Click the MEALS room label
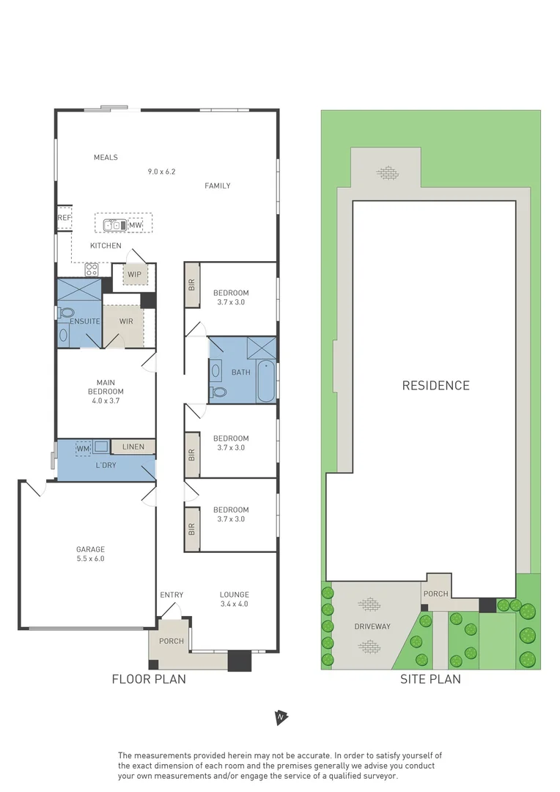(x=106, y=158)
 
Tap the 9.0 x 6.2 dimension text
(x=162, y=172)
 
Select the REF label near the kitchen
(x=64, y=218)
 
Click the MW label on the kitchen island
(x=135, y=225)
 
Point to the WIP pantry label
(x=134, y=275)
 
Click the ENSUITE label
(x=85, y=321)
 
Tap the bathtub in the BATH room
(x=266, y=381)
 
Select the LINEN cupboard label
(x=133, y=447)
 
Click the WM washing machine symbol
(x=83, y=447)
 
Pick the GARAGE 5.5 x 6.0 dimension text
(x=91, y=559)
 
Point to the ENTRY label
(x=172, y=595)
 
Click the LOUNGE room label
(x=235, y=595)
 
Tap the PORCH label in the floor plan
(x=172, y=641)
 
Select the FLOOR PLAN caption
(x=149, y=679)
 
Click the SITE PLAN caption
(x=430, y=679)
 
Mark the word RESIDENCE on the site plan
(x=435, y=386)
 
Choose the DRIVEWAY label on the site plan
(x=372, y=626)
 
